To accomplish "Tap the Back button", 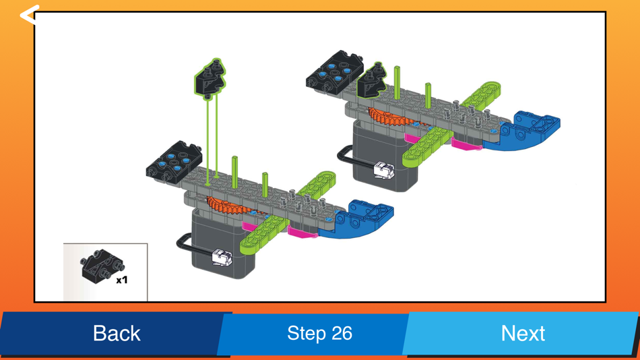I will [116, 333].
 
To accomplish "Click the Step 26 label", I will [319, 333].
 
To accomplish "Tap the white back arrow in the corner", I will [29, 15].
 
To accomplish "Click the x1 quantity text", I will [122, 279].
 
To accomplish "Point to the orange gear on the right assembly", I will [387, 117].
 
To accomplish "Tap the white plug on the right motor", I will [381, 170].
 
